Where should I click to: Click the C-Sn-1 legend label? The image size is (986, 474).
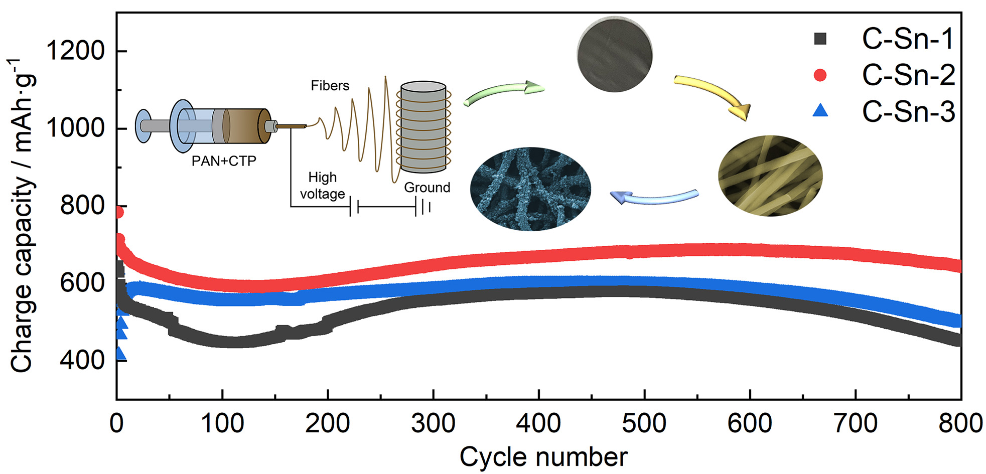point(907,39)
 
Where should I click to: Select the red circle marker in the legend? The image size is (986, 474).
point(820,75)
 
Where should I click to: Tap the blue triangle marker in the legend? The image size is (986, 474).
point(820,111)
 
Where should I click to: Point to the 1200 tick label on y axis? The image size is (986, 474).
point(75,51)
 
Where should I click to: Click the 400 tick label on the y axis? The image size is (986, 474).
point(82,360)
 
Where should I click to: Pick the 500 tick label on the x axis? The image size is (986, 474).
point(644,423)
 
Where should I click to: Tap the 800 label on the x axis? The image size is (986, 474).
point(959,423)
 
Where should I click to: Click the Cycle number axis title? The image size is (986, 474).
point(543,457)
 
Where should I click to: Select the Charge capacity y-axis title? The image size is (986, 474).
point(23,216)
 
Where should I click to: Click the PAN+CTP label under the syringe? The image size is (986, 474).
point(224,161)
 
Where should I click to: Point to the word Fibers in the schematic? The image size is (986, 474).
point(330,86)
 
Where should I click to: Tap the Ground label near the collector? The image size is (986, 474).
point(427,188)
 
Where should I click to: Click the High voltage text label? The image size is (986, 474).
point(322,186)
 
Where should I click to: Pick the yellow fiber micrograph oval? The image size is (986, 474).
point(770,176)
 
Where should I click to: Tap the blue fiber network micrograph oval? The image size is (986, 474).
point(530,189)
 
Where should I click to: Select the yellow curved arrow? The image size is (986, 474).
point(715,95)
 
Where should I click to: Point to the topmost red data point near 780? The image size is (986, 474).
point(118,213)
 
